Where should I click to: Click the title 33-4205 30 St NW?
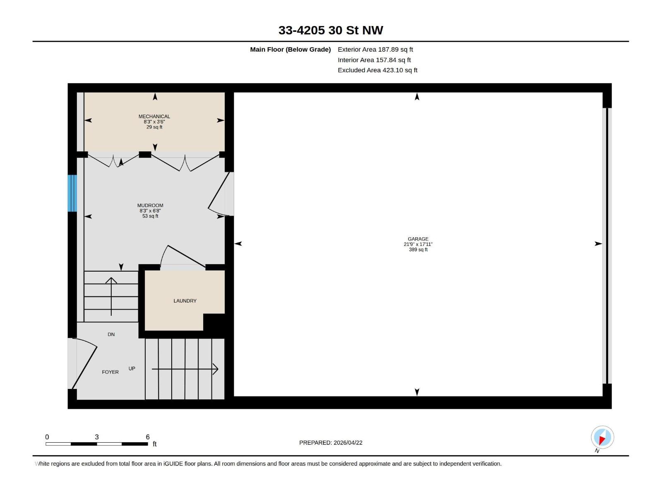point(331,30)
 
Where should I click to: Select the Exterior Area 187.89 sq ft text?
point(375,49)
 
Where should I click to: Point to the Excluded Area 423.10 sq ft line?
point(377,70)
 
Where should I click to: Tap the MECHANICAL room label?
point(154,117)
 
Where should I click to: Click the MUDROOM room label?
point(150,205)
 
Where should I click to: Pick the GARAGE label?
point(418,239)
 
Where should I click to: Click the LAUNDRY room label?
point(185,301)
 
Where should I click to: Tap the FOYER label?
point(110,372)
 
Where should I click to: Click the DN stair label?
point(111,334)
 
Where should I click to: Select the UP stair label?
point(132,368)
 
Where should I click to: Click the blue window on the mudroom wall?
point(72,193)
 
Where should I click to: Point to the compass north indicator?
point(602,437)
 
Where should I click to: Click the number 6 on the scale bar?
point(148,437)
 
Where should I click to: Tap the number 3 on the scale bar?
point(97,437)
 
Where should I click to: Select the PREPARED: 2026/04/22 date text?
point(331,443)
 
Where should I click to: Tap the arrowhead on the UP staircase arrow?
point(215,369)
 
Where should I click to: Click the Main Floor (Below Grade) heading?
point(290,49)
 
